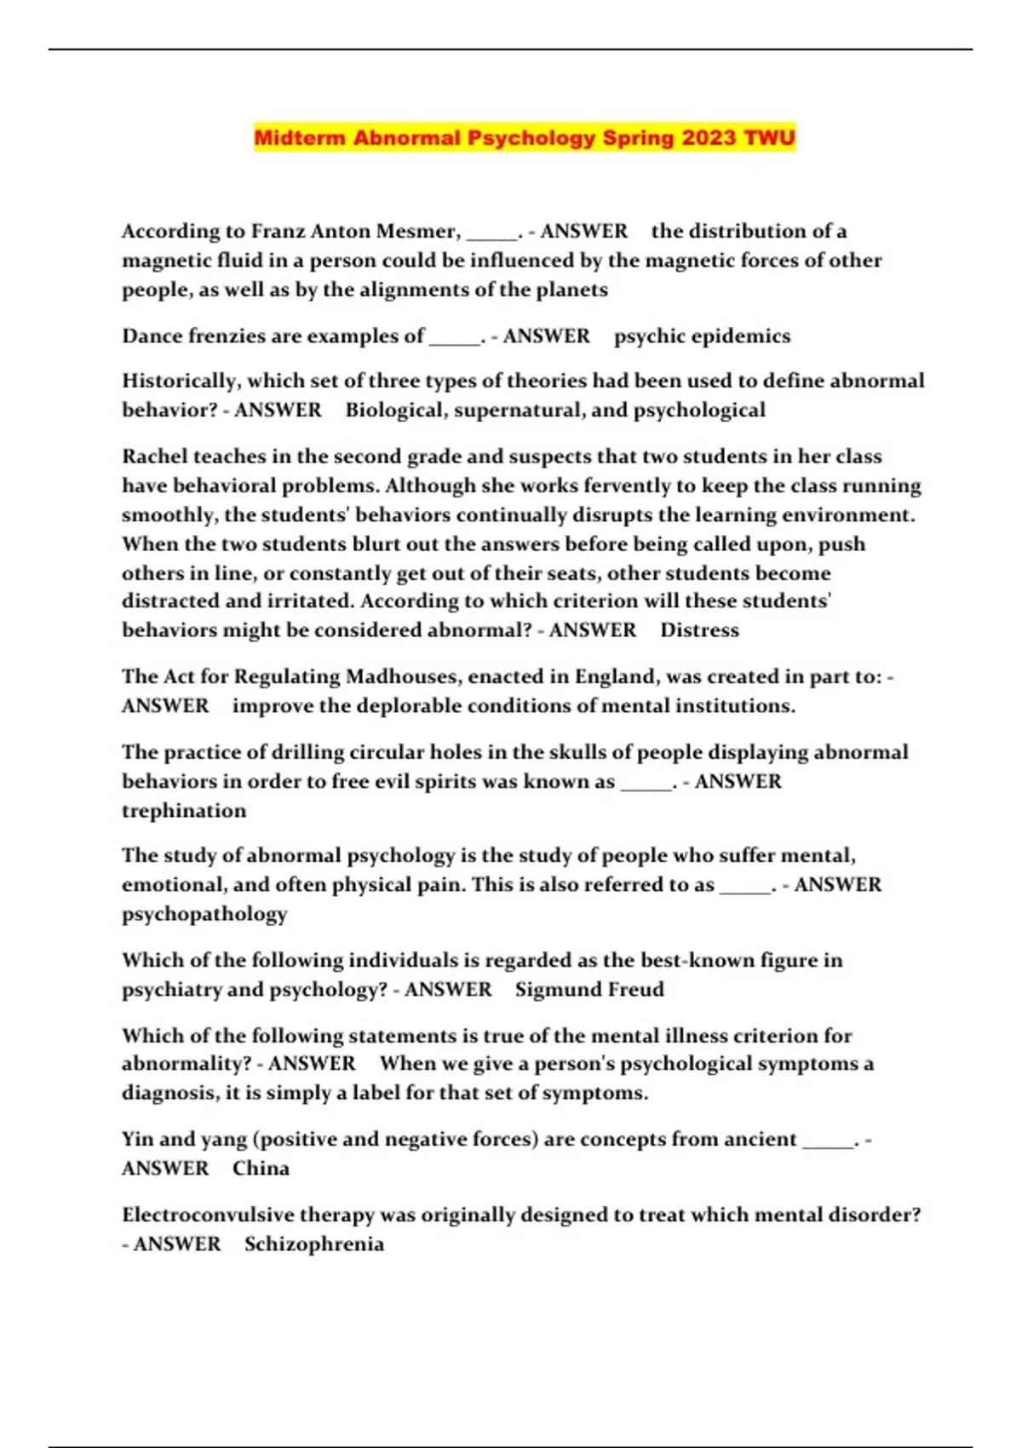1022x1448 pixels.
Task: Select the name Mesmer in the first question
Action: point(417,232)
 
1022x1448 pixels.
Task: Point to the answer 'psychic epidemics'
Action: point(702,336)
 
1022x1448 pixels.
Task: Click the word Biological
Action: point(395,411)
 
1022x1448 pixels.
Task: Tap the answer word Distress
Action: point(699,630)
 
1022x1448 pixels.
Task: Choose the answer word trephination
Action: point(184,811)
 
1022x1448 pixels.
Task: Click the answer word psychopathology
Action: point(204,914)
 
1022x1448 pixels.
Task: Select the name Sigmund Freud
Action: point(589,990)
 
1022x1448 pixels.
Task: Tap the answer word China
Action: point(261,1169)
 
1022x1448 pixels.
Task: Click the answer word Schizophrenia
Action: point(314,1244)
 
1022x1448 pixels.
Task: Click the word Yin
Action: point(137,1140)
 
